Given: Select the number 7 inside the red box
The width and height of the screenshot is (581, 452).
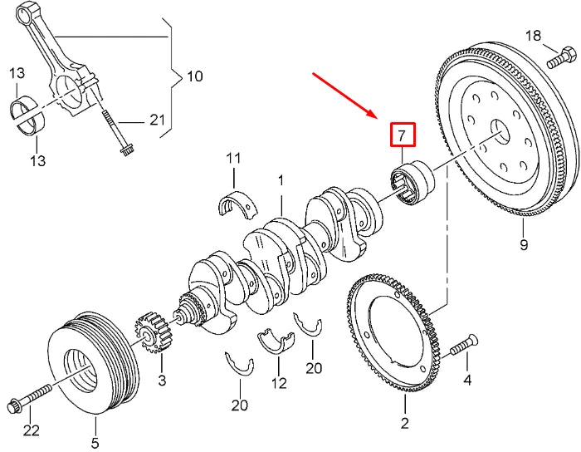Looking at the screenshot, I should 402,134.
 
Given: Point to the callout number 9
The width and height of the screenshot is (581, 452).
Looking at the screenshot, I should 523,244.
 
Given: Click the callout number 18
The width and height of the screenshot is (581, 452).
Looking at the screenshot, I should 533,35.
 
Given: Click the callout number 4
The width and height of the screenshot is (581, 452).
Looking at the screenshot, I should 466,381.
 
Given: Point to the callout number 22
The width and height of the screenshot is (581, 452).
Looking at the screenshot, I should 31,430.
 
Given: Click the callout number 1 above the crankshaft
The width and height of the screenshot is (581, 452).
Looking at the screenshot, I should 281,180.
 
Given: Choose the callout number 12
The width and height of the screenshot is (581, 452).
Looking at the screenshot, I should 280,384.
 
